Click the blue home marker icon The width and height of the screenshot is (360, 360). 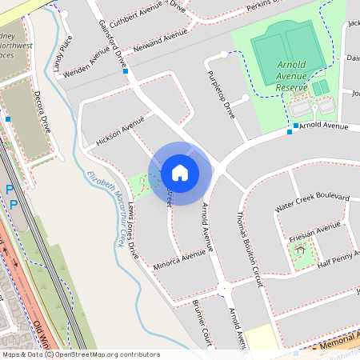point(180,172)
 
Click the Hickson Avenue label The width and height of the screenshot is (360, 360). point(120,128)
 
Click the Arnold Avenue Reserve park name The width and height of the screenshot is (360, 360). point(292,75)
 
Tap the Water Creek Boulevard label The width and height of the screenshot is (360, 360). point(312,202)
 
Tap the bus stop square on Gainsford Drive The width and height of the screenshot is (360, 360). point(126,71)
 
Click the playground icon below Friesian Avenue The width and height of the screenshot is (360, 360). point(300,250)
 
